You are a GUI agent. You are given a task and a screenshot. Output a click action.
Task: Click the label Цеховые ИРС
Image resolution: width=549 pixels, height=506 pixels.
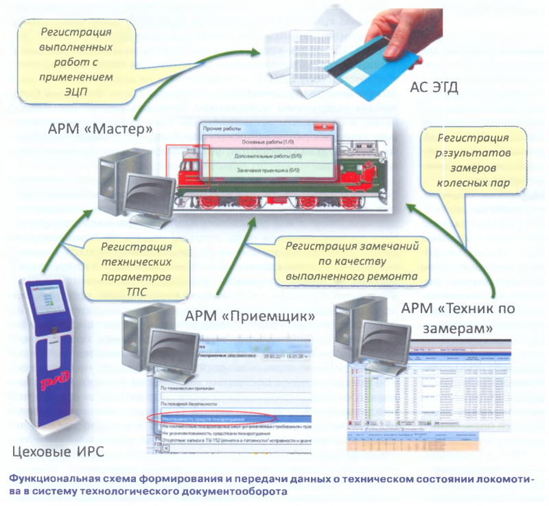(52, 451)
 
